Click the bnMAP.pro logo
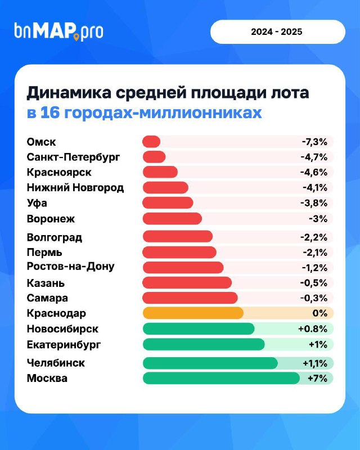click(x=58, y=31)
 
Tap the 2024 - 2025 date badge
click(x=277, y=31)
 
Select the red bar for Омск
click(x=151, y=142)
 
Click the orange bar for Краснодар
click(x=193, y=313)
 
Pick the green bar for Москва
click(x=221, y=378)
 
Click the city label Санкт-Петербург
click(x=74, y=157)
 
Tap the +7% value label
click(x=317, y=378)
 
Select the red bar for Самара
click(x=190, y=298)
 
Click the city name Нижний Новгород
click(x=75, y=187)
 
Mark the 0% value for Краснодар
click(x=319, y=313)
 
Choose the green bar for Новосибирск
click(x=199, y=328)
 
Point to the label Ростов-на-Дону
click(x=70, y=266)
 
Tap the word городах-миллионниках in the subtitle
click(x=163, y=112)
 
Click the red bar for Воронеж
click(x=172, y=218)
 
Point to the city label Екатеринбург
click(x=64, y=344)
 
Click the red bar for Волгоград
click(x=177, y=236)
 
